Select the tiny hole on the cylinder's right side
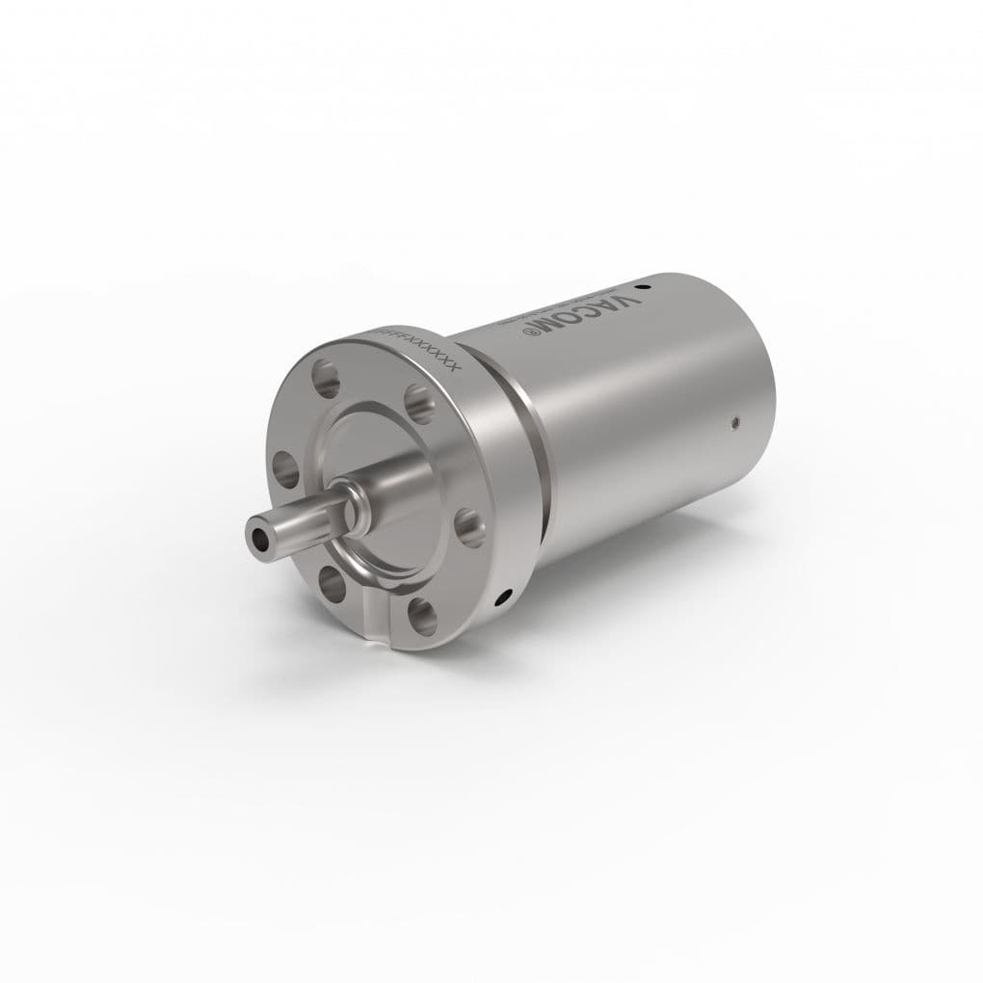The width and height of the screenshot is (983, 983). coord(734,420)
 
